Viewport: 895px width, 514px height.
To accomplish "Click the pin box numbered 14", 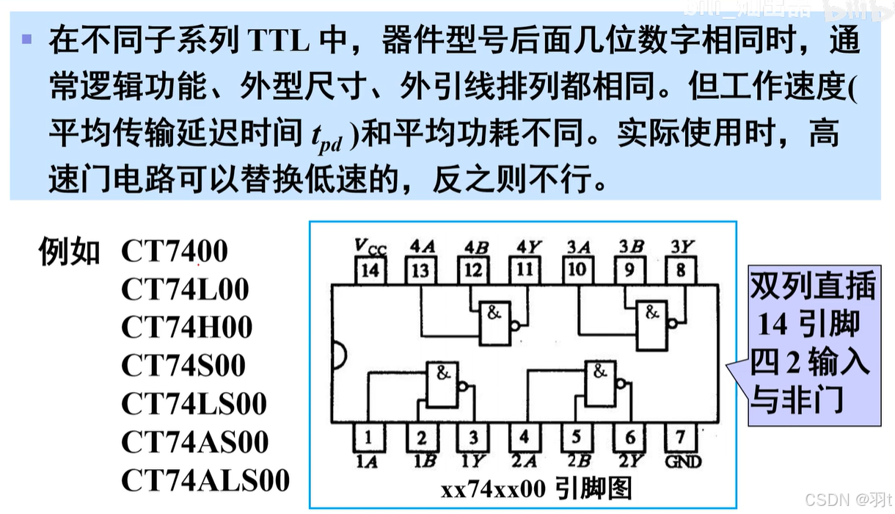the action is click(370, 270).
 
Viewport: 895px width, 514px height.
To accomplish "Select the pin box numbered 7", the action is click(681, 438).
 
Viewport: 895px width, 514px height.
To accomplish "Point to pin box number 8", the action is click(681, 270).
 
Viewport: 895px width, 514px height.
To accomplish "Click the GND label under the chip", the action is click(681, 461).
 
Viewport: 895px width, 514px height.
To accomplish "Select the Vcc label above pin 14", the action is click(370, 247).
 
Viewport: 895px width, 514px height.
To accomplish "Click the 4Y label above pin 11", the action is click(525, 247).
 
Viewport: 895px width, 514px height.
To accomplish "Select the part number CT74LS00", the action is click(194, 404).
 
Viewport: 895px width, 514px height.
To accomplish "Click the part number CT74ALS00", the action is click(205, 480).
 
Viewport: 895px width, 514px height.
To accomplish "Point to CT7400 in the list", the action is click(175, 251).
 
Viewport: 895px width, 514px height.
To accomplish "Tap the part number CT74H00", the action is click(186, 327).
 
